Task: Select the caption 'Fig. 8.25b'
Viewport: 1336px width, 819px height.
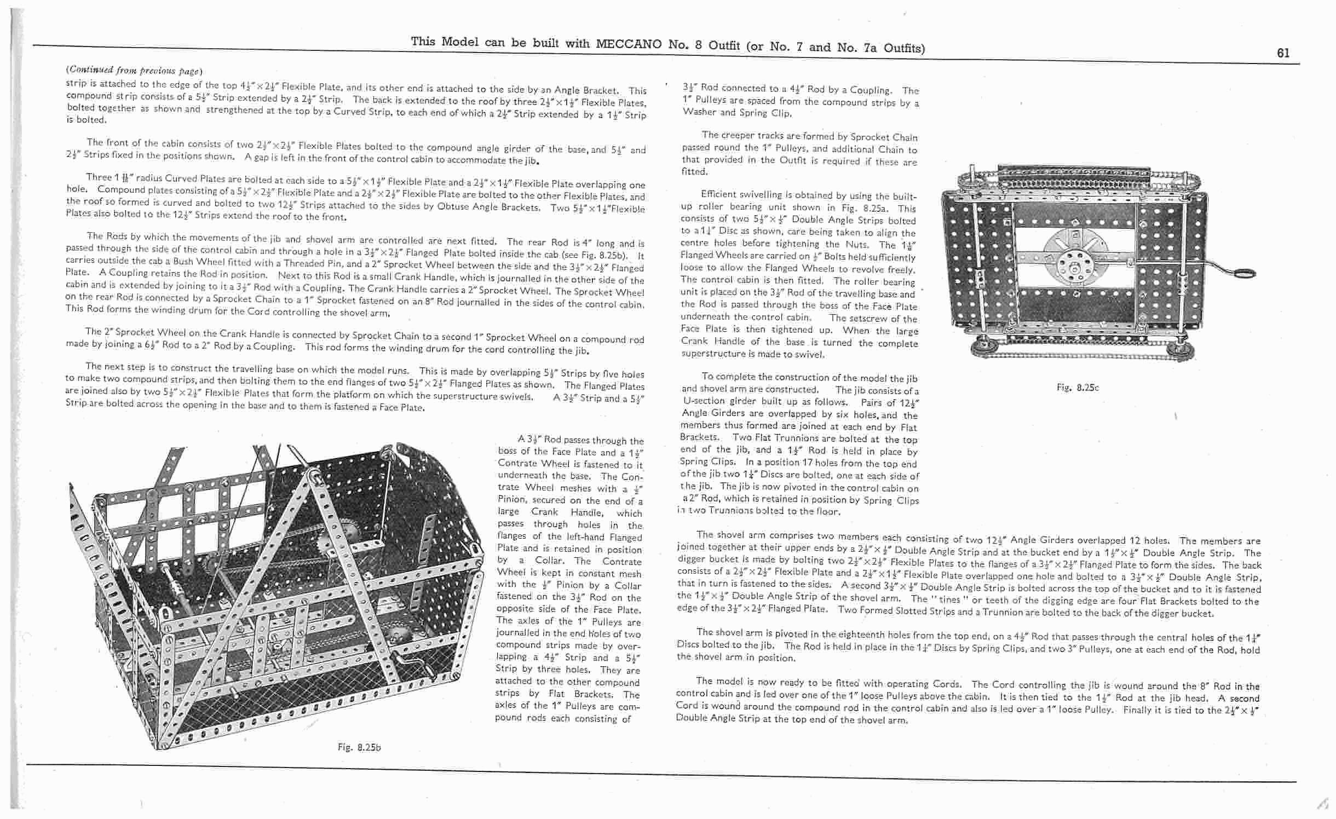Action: pos(359,747)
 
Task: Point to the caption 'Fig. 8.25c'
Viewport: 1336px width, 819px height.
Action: pos(1078,388)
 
